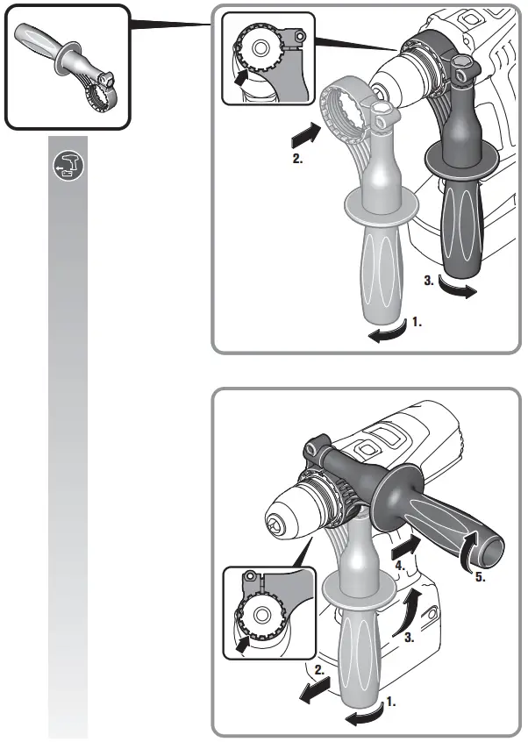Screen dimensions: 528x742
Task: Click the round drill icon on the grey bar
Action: tap(68, 166)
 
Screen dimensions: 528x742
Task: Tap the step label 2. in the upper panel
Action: tap(297, 159)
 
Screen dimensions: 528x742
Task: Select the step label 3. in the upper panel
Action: tap(429, 281)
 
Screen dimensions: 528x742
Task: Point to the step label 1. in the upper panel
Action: tap(417, 322)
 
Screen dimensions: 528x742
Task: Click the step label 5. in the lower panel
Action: tap(481, 577)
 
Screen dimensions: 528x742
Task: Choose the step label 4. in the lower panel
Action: tap(400, 566)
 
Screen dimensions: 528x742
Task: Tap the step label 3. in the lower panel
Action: tap(410, 638)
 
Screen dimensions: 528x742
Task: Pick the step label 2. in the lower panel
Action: tap(319, 670)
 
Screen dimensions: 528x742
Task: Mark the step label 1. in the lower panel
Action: tap(391, 702)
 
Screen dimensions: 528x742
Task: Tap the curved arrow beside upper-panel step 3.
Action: tap(457, 289)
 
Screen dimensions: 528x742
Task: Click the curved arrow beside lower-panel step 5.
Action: tap(470, 549)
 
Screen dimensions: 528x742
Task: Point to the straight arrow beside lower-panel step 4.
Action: tap(406, 546)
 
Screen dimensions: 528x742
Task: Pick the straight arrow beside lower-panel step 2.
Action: tap(315, 689)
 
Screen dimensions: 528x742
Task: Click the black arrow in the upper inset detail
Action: tap(242, 77)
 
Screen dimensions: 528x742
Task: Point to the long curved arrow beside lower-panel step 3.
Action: tap(410, 610)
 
